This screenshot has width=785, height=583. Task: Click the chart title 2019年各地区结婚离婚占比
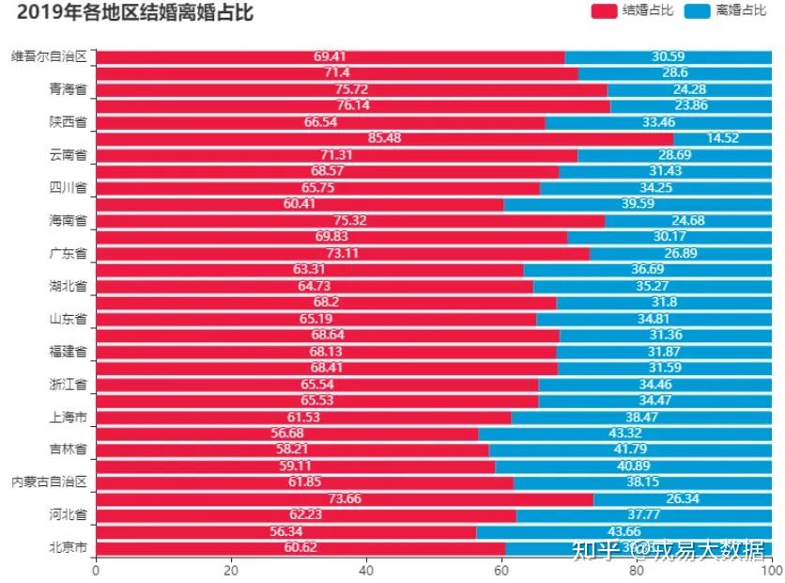pos(135,12)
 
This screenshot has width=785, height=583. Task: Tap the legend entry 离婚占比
pos(727,10)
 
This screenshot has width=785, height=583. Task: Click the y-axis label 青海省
pos(68,90)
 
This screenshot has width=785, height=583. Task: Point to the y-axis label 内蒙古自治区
pos(49,481)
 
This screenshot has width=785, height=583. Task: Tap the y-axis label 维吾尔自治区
pos(49,57)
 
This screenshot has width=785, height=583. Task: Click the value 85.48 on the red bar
pos(385,139)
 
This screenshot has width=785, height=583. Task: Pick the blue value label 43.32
pos(625,433)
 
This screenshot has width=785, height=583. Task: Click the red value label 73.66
pos(346,498)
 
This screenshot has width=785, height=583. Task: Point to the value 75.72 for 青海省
pos(351,90)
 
